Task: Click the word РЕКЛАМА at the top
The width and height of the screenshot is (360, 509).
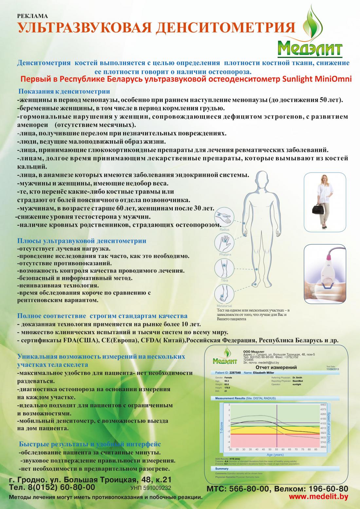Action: click(x=32, y=16)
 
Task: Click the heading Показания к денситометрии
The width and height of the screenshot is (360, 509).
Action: click(x=64, y=91)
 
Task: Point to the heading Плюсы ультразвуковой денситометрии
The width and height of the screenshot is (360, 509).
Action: click(x=81, y=241)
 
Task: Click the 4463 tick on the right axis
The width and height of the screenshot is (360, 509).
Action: click(x=323, y=405)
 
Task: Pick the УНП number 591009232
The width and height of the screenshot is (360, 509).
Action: click(x=151, y=488)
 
